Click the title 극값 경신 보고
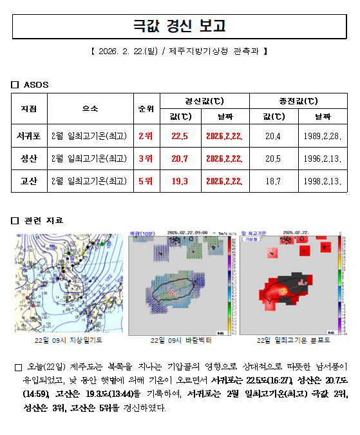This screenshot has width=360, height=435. coord(180,26)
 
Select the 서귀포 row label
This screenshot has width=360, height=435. coord(28,136)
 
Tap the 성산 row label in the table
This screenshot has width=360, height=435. coord(28,158)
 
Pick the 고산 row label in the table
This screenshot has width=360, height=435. coord(28,180)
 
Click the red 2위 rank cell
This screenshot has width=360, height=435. coord(145,136)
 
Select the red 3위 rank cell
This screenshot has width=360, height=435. coord(145,158)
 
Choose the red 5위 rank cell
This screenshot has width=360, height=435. coord(145,180)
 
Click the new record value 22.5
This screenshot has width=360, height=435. coord(180,136)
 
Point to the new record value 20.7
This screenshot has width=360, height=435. coord(180,158)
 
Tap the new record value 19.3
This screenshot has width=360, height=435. coord(180,180)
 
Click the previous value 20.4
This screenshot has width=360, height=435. coord(273,136)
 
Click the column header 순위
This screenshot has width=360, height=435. coord(145,109)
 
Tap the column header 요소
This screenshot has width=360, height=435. coord(90,109)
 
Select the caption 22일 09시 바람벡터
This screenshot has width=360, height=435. coord(180,340)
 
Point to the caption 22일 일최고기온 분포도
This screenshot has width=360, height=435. coord(292,340)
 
